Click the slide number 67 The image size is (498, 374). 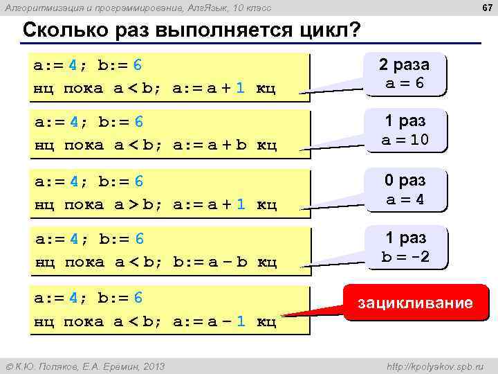[487, 8]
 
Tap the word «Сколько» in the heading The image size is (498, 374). [64, 32]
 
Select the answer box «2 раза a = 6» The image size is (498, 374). [403, 73]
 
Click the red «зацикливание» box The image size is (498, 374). [415, 303]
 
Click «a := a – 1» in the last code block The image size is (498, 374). [211, 321]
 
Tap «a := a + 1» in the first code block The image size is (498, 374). [211, 89]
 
